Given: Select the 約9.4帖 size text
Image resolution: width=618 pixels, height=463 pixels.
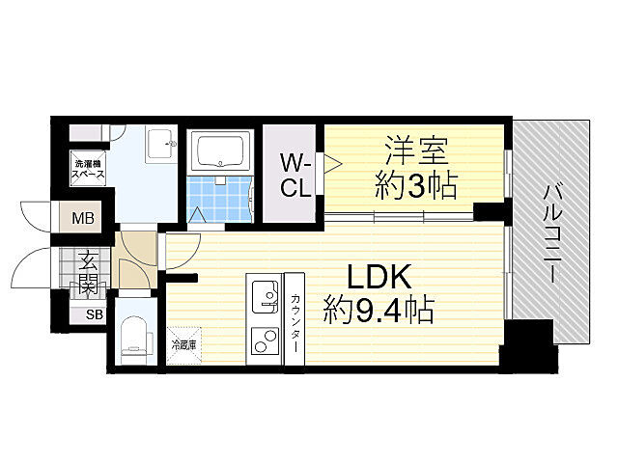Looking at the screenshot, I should (x=379, y=311).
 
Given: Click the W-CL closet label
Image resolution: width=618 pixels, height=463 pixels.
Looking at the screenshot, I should (x=295, y=175).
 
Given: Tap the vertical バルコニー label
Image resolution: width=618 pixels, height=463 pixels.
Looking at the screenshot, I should (x=552, y=231).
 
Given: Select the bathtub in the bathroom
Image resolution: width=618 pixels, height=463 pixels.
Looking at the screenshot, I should (x=222, y=151).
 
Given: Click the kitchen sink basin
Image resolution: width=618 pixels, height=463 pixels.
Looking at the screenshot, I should (x=264, y=293).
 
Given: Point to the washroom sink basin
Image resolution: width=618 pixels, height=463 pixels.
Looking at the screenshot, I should (x=160, y=148).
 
